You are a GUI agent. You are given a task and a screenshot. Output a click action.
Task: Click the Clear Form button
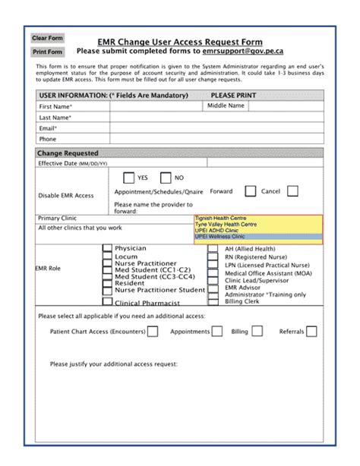click(x=47, y=38)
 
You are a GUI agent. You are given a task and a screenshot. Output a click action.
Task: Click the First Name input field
click(x=156, y=107)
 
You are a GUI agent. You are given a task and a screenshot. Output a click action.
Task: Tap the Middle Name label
click(x=226, y=106)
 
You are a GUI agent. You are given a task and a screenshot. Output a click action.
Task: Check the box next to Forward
click(x=245, y=192)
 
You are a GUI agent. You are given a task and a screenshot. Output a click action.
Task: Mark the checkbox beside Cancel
click(x=292, y=191)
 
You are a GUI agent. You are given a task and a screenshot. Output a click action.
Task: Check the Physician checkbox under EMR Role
click(x=107, y=249)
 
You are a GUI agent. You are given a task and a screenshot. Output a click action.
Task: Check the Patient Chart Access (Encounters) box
click(x=153, y=331)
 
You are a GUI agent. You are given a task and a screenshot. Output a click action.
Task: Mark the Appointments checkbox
click(x=217, y=331)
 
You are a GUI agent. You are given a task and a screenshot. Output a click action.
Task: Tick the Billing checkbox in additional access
click(x=257, y=331)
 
